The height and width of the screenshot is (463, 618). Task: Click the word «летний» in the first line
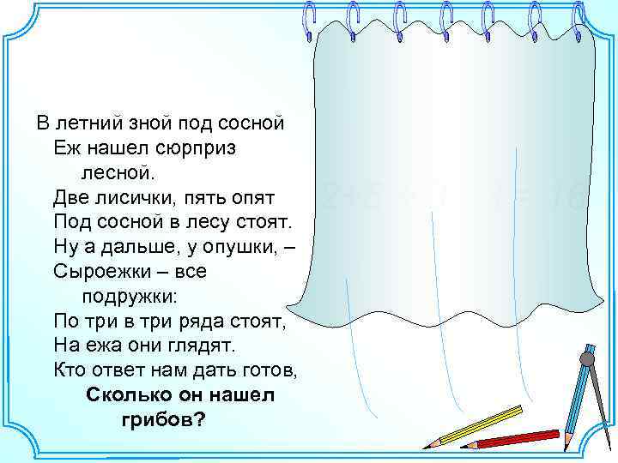point(89,123)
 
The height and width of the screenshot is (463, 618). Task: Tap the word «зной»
point(150,123)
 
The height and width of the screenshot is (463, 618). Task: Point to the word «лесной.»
point(120,173)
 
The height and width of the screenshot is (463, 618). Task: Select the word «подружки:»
point(130,297)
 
